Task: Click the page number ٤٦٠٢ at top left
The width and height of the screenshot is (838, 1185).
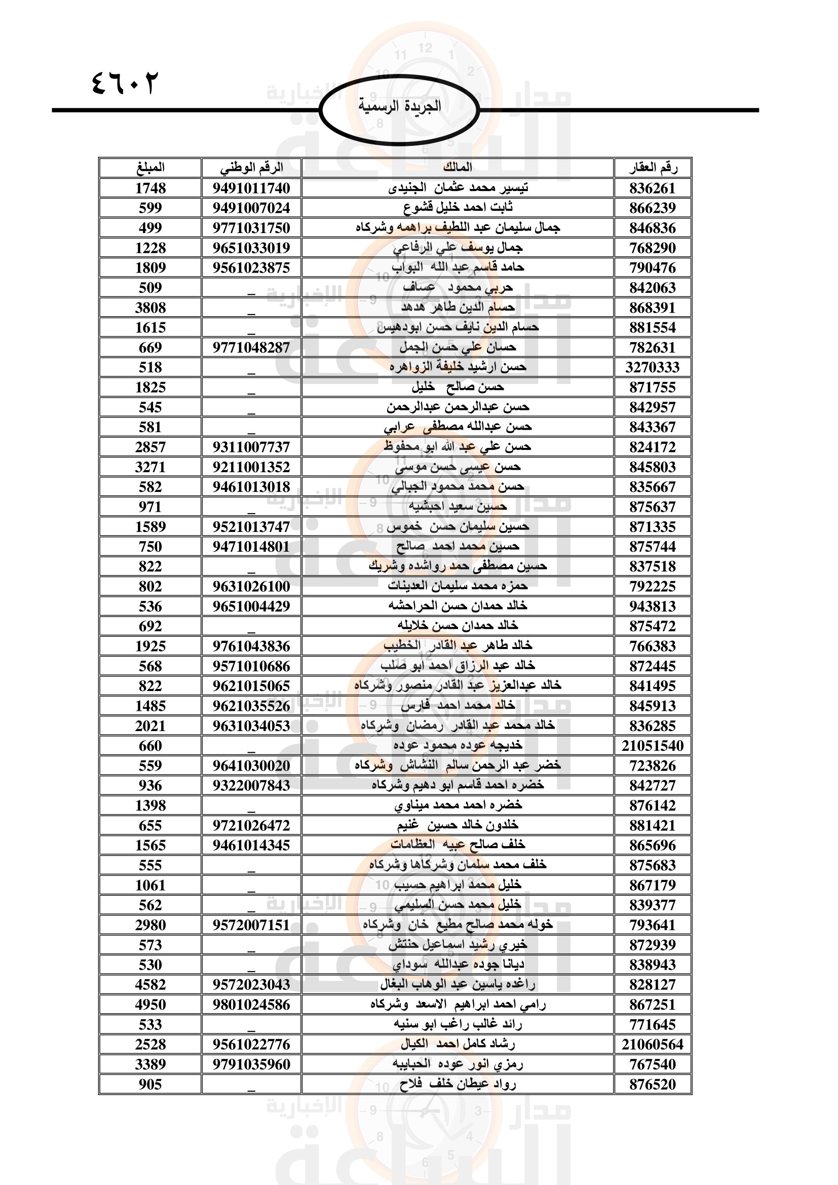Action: click(124, 83)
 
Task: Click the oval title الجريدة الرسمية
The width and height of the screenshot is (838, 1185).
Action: click(399, 106)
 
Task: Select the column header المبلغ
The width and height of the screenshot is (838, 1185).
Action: click(150, 167)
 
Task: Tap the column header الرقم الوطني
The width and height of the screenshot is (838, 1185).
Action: click(251, 167)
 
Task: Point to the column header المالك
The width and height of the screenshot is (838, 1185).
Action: click(457, 167)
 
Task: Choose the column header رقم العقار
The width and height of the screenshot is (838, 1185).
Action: click(652, 167)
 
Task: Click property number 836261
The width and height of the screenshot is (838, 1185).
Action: click(652, 188)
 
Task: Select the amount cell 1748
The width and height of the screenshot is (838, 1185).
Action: click(150, 188)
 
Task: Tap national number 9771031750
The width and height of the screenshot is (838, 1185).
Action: click(251, 228)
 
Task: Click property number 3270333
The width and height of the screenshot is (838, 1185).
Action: click(652, 367)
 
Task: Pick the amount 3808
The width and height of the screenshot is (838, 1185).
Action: click(150, 308)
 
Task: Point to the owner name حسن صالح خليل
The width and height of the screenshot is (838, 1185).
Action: click(457, 387)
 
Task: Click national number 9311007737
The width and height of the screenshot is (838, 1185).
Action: click(251, 447)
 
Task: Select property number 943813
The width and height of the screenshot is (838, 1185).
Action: click(652, 606)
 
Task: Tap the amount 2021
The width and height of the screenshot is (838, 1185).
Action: click(150, 725)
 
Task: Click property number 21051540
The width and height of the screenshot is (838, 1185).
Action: click(652, 746)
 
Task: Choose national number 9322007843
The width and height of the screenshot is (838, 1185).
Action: click(251, 786)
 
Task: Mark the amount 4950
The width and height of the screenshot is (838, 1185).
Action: click(150, 1005)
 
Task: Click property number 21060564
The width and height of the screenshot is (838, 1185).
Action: click(652, 1045)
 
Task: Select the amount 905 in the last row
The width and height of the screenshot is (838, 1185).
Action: click(150, 1084)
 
